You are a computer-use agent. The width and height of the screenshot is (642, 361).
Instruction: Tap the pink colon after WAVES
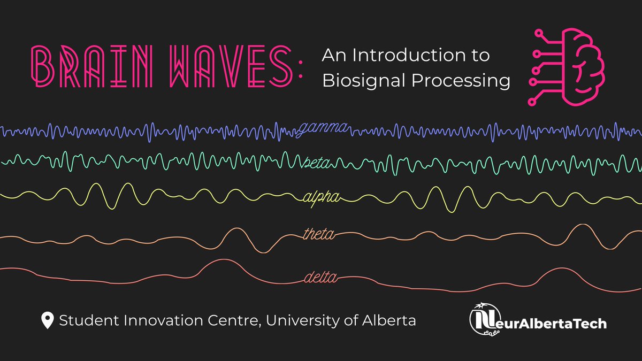pyautogui.click(x=301, y=68)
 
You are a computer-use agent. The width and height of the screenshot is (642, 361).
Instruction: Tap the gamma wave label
pyautogui.click(x=323, y=128)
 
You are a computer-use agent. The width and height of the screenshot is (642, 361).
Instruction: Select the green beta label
pyautogui.click(x=317, y=162)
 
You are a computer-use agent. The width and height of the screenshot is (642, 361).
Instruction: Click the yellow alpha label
pyautogui.click(x=319, y=197)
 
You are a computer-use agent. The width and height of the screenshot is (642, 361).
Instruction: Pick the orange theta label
pyautogui.click(x=319, y=234)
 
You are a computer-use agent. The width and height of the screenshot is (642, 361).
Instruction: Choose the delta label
pyautogui.click(x=320, y=278)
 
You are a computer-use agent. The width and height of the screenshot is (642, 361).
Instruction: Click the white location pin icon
pyautogui.click(x=47, y=321)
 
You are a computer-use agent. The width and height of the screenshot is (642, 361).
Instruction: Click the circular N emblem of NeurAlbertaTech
pyautogui.click(x=484, y=319)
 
